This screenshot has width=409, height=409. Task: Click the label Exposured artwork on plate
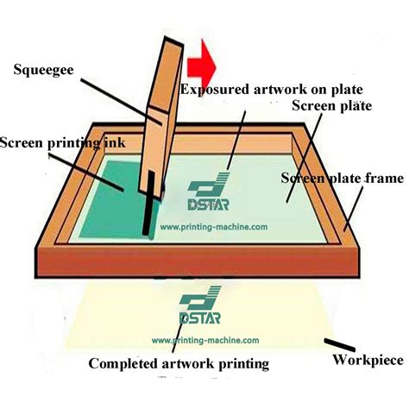[x=270, y=89]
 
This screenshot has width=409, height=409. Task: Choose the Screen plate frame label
[x=343, y=179]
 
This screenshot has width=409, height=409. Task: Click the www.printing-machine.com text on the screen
[x=211, y=227]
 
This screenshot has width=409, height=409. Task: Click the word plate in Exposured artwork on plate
[x=346, y=89]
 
